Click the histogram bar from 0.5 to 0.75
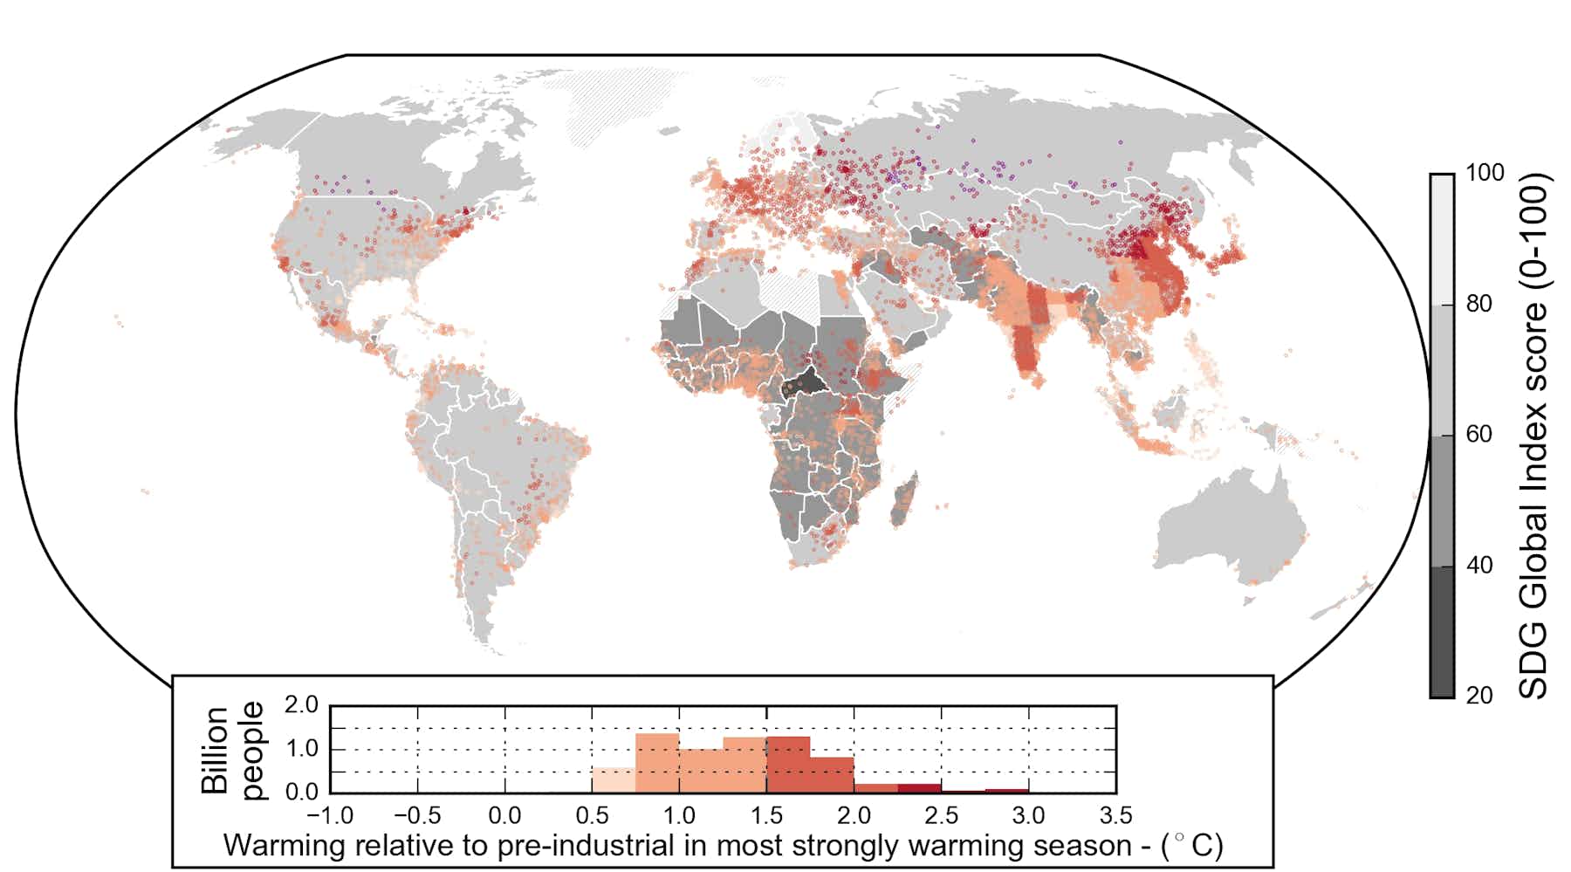pos(614,780)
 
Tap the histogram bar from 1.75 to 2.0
pos(832,775)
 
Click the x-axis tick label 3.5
pos(1115,816)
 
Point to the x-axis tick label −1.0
pos(330,816)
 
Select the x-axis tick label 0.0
pos(504,816)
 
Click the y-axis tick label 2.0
pos(302,705)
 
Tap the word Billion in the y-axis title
pos(215,750)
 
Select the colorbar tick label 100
pos(1485,173)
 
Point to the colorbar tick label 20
pos(1478,696)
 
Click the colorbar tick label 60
pos(1478,434)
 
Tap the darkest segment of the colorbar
pos(1442,632)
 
